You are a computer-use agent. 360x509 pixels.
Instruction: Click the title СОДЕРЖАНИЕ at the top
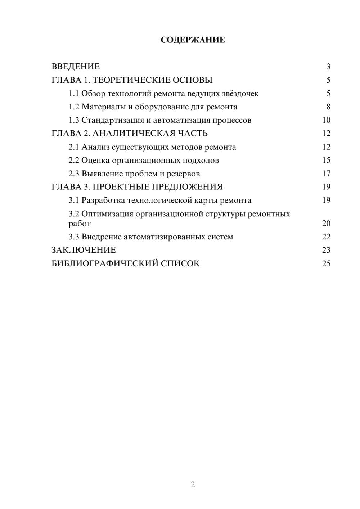(193, 40)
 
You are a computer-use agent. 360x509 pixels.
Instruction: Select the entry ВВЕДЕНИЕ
(76, 67)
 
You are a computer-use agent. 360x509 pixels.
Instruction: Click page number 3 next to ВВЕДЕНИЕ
(328, 67)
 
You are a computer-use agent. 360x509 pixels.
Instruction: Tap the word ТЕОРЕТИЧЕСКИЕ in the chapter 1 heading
(130, 80)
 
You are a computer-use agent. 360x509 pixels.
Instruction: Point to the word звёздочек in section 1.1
(240, 94)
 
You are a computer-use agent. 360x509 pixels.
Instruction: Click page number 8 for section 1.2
(328, 107)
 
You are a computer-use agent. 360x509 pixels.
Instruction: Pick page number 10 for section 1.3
(326, 120)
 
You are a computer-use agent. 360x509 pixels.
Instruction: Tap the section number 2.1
(74, 147)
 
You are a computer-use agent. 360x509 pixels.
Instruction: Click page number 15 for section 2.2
(326, 161)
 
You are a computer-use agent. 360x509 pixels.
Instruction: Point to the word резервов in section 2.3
(183, 174)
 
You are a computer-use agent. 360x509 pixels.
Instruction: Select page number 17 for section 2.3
(326, 174)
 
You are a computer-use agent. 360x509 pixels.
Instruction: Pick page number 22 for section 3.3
(326, 237)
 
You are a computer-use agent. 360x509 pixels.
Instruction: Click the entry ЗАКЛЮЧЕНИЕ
(84, 250)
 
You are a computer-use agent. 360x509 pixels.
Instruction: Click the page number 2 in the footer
(193, 485)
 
